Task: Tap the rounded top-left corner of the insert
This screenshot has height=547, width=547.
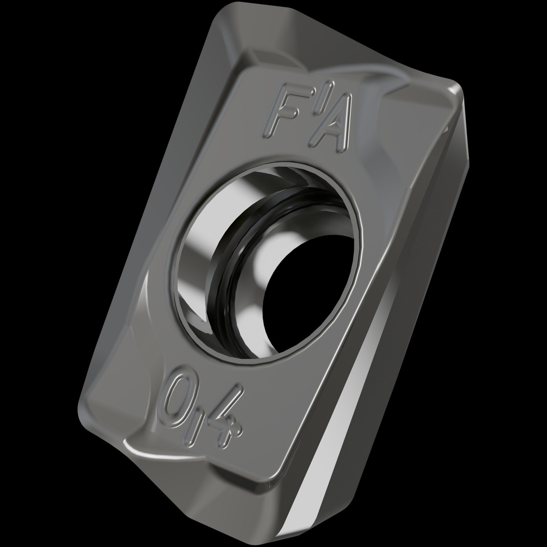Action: [222, 15]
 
